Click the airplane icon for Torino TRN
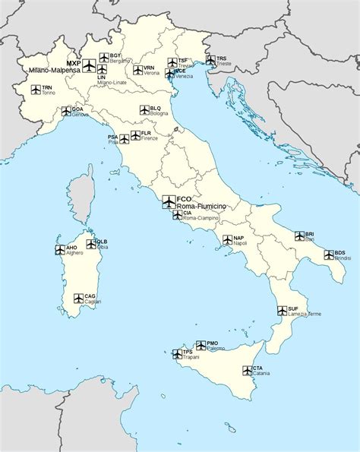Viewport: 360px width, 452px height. [36, 90]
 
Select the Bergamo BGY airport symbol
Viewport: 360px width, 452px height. [104, 57]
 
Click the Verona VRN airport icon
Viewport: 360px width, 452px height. [138, 70]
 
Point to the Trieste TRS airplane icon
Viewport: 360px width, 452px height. [210, 59]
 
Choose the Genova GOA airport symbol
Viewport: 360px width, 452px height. [66, 110]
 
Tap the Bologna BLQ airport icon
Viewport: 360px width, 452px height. [144, 111]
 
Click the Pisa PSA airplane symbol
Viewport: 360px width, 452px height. [124, 139]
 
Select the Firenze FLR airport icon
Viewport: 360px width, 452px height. [135, 135]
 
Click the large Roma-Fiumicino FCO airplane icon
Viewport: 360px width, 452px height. [169, 201]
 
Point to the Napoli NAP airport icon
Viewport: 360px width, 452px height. [227, 240]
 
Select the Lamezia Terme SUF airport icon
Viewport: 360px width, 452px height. [282, 311]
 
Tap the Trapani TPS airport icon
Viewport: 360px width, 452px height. [177, 353]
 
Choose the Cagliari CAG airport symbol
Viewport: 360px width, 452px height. [78, 298]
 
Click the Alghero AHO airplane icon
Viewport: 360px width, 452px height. [60, 249]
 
